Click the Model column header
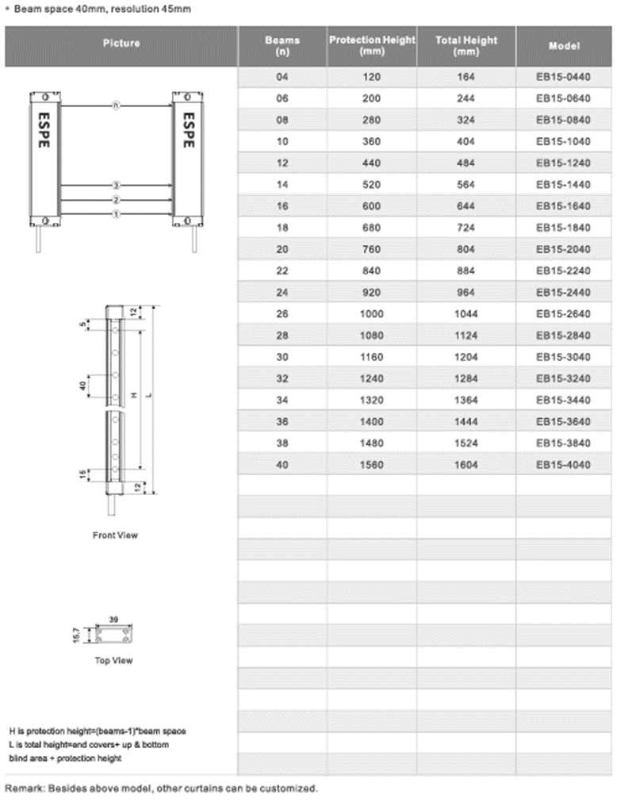coord(564,46)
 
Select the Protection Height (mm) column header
coord(372,45)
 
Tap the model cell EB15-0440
coord(564,77)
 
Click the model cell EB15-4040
coord(564,465)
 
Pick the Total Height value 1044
coord(466,314)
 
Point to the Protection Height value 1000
coord(371,314)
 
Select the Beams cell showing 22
coord(282,271)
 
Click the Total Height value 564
coord(466,185)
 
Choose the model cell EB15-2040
coord(564,249)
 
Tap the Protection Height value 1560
coord(371,465)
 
